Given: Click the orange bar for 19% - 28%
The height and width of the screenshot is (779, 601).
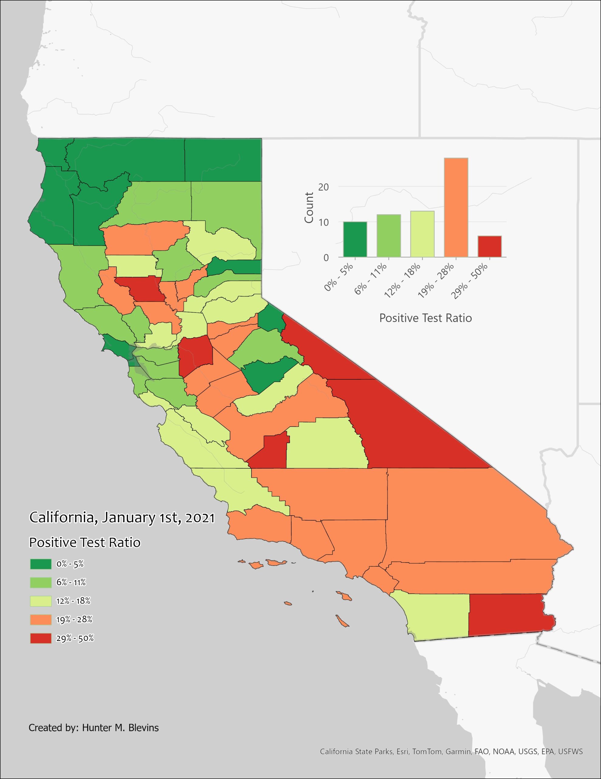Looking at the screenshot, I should [x=456, y=207].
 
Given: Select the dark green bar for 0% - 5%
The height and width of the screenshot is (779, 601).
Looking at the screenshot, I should [x=355, y=239].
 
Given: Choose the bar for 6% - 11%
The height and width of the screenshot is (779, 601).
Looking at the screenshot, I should [x=389, y=236].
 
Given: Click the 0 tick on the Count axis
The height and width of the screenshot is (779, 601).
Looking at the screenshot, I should [x=326, y=257].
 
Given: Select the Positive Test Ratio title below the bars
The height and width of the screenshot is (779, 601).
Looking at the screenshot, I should [x=425, y=318].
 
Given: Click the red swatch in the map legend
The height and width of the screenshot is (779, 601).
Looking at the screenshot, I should [x=41, y=638].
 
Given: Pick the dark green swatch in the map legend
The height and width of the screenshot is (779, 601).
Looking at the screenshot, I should [x=41, y=564].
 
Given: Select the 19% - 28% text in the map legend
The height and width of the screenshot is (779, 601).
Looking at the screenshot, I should [x=74, y=620].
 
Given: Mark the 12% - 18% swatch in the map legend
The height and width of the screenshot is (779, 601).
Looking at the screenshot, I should [x=41, y=601].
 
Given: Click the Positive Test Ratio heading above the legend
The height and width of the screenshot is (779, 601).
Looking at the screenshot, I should [x=85, y=543].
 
